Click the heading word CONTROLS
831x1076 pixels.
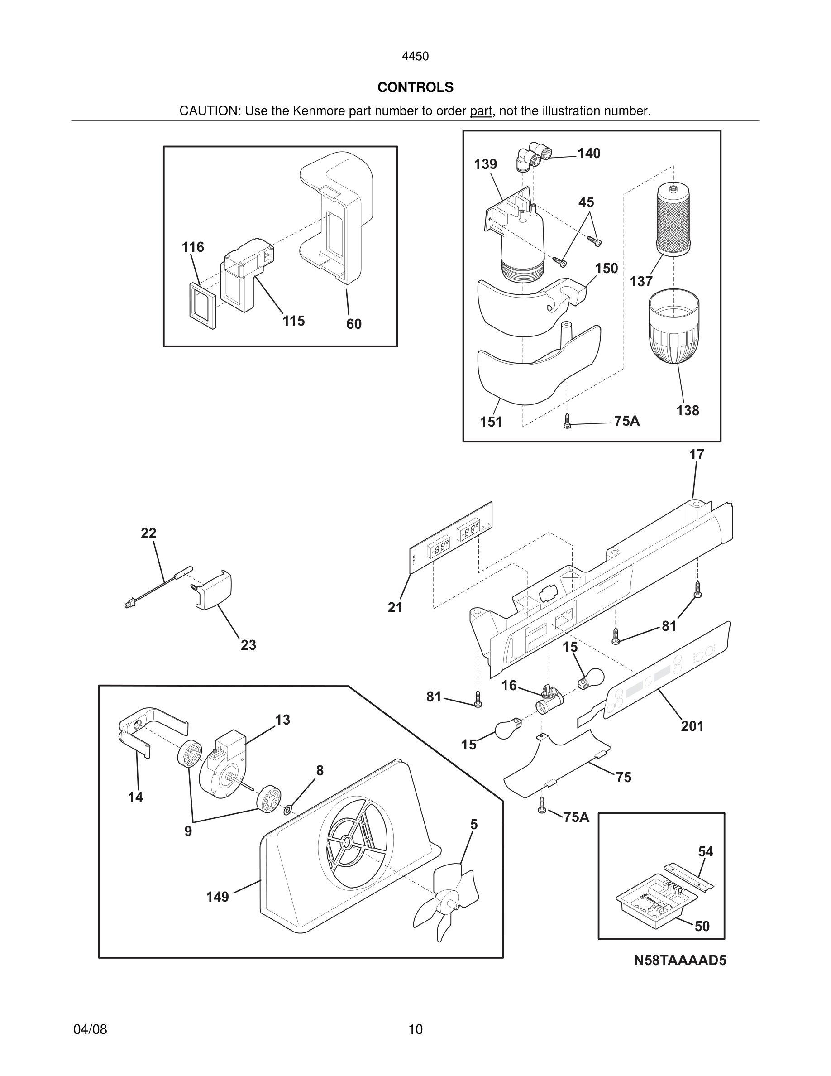[x=415, y=87]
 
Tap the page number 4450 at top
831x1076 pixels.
[x=415, y=57]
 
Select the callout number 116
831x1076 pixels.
[x=192, y=247]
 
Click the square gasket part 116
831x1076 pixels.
[x=202, y=304]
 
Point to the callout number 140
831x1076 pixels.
[x=589, y=154]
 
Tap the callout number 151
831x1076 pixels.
[x=491, y=422]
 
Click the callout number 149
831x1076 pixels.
[x=218, y=897]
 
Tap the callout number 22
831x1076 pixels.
[x=148, y=533]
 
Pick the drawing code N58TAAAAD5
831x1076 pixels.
[x=679, y=961]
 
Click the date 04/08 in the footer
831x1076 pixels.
[x=90, y=1029]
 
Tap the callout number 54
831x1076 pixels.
[x=706, y=851]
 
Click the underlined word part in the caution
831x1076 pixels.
[x=481, y=111]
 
